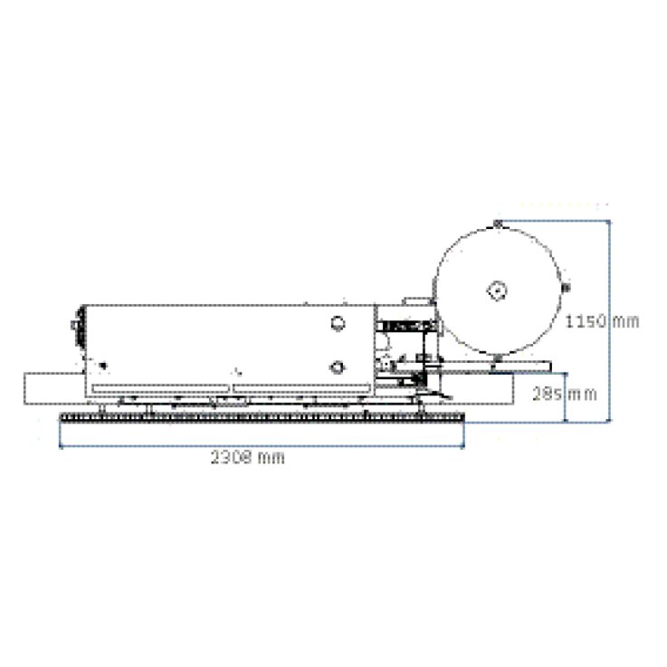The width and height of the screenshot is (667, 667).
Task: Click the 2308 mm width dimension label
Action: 247,458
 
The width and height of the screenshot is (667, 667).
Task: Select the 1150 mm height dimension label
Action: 602,321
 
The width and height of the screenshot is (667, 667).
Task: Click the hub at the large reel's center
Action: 496,291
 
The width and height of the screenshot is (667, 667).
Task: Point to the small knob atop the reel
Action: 497,223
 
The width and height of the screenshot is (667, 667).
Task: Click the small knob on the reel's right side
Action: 566,288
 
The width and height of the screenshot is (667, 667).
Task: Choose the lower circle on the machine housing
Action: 337,367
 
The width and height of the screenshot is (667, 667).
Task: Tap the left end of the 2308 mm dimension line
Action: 61,446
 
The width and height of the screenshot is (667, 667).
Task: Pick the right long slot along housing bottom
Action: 300,388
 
